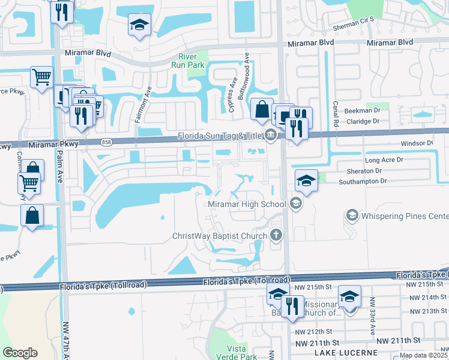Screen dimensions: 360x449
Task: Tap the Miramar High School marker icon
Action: tap(295, 205)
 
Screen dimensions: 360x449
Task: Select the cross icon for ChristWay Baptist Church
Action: tap(276, 235)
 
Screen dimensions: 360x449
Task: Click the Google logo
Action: tap(20, 353)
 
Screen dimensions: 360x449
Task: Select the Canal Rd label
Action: tap(337, 109)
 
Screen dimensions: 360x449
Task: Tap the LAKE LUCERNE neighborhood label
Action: tap(346, 353)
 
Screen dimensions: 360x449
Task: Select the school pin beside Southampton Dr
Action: tap(306, 180)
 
